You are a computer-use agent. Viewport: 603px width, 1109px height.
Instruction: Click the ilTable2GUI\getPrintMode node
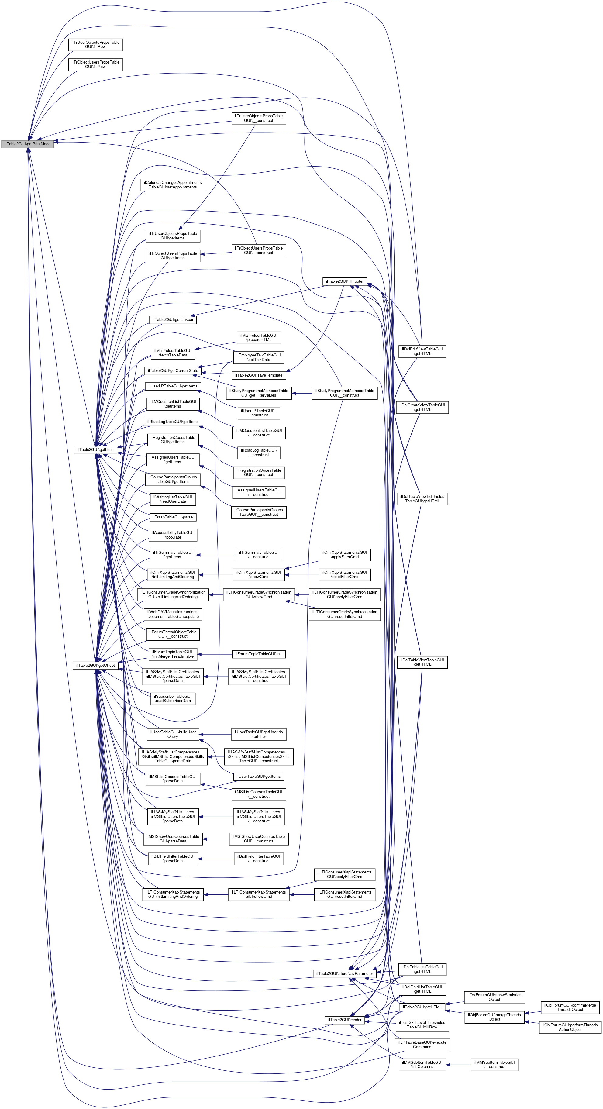pos(28,144)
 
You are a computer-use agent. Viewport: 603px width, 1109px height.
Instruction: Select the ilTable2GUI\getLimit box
pos(95,449)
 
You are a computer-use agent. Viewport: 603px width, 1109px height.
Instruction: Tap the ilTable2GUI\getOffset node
pos(95,665)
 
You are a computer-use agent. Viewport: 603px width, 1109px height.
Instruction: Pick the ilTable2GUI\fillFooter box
pos(345,281)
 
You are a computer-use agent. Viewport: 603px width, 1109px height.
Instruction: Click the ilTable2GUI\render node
pos(345,1020)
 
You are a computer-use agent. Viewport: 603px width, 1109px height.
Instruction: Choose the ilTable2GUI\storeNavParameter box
pos(344,973)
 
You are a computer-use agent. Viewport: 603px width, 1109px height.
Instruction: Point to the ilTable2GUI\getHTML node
pos(422,1007)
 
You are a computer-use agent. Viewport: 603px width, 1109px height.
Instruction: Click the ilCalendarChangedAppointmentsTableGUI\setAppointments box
pos(173,185)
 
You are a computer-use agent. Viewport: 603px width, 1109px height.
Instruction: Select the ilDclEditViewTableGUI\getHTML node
pos(422,351)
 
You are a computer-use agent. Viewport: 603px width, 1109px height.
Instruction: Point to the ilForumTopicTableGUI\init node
pos(258,654)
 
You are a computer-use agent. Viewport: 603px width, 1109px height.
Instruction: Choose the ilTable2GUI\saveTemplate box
pos(259,375)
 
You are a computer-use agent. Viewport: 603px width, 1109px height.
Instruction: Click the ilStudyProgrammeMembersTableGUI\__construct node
pos(344,393)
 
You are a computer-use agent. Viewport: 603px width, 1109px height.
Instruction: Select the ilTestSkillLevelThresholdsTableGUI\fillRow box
pos(422,1025)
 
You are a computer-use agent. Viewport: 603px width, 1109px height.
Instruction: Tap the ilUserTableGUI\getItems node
pos(259,776)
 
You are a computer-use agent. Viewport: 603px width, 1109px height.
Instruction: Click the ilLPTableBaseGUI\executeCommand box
pos(422,1045)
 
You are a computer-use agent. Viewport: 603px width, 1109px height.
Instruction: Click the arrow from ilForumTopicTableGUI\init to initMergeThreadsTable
pos(215,654)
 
